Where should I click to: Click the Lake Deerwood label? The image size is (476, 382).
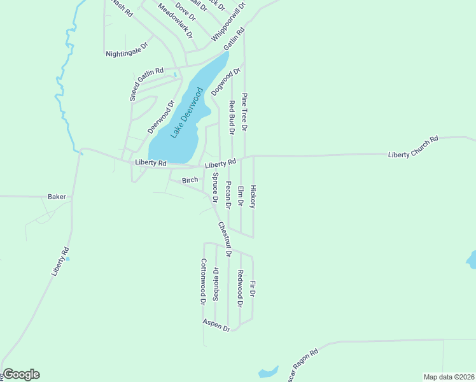(186, 115)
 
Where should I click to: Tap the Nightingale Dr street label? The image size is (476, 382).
(127, 50)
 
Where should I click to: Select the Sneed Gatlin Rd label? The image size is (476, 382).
(146, 85)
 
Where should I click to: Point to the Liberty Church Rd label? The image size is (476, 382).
(414, 147)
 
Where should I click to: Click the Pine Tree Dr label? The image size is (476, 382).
(244, 111)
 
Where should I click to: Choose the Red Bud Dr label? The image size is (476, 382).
(232, 117)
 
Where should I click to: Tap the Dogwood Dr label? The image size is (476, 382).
(226, 81)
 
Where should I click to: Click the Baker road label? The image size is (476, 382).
(57, 197)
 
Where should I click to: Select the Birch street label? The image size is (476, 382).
(190, 181)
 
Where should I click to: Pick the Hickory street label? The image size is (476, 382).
(253, 197)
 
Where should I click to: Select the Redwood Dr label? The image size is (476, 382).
(241, 288)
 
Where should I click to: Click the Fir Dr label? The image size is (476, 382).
(253, 289)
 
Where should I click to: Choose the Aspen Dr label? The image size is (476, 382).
(216, 325)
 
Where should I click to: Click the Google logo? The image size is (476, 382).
(20, 374)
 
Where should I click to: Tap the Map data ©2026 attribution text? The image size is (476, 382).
(449, 377)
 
